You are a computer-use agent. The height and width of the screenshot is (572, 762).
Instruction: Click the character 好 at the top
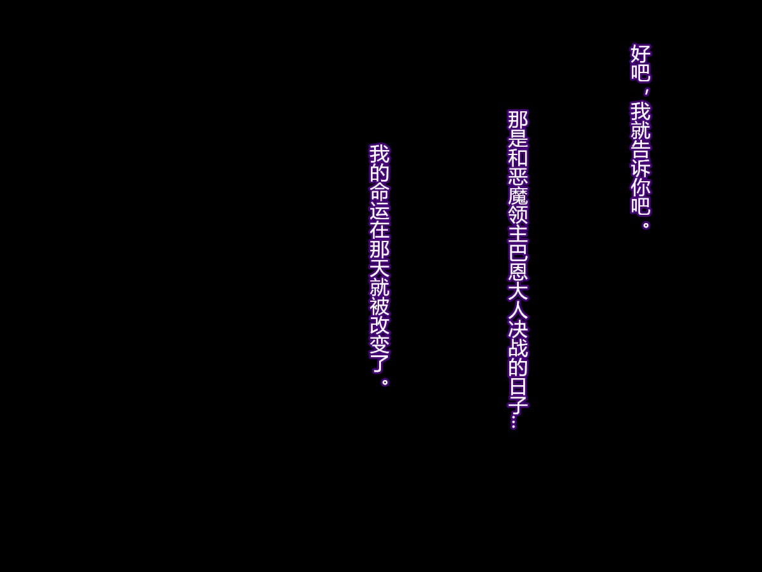point(640,53)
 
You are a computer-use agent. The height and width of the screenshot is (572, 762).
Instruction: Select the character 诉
point(640,168)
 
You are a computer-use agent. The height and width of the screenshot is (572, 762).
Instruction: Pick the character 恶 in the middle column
point(518,176)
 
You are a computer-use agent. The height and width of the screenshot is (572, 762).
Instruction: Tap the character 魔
point(518,195)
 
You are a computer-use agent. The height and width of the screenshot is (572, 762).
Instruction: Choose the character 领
point(518,214)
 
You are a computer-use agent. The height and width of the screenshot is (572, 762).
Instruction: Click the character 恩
point(518,271)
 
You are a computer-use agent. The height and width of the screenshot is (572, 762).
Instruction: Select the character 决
point(518,329)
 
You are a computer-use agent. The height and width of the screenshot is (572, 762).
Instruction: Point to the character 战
point(518,348)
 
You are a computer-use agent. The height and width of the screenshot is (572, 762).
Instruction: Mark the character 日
point(518,386)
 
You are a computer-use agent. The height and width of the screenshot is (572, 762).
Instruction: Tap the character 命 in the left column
point(379,191)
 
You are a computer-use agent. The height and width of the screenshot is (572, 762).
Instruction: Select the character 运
point(379,210)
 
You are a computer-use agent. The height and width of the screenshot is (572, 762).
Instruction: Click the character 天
point(379,268)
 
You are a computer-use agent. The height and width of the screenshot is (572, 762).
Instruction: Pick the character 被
point(379,306)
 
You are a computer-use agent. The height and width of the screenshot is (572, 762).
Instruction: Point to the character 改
point(379,325)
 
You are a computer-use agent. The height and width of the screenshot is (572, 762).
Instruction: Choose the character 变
point(379,344)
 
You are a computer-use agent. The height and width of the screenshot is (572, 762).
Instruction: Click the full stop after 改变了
point(384,382)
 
